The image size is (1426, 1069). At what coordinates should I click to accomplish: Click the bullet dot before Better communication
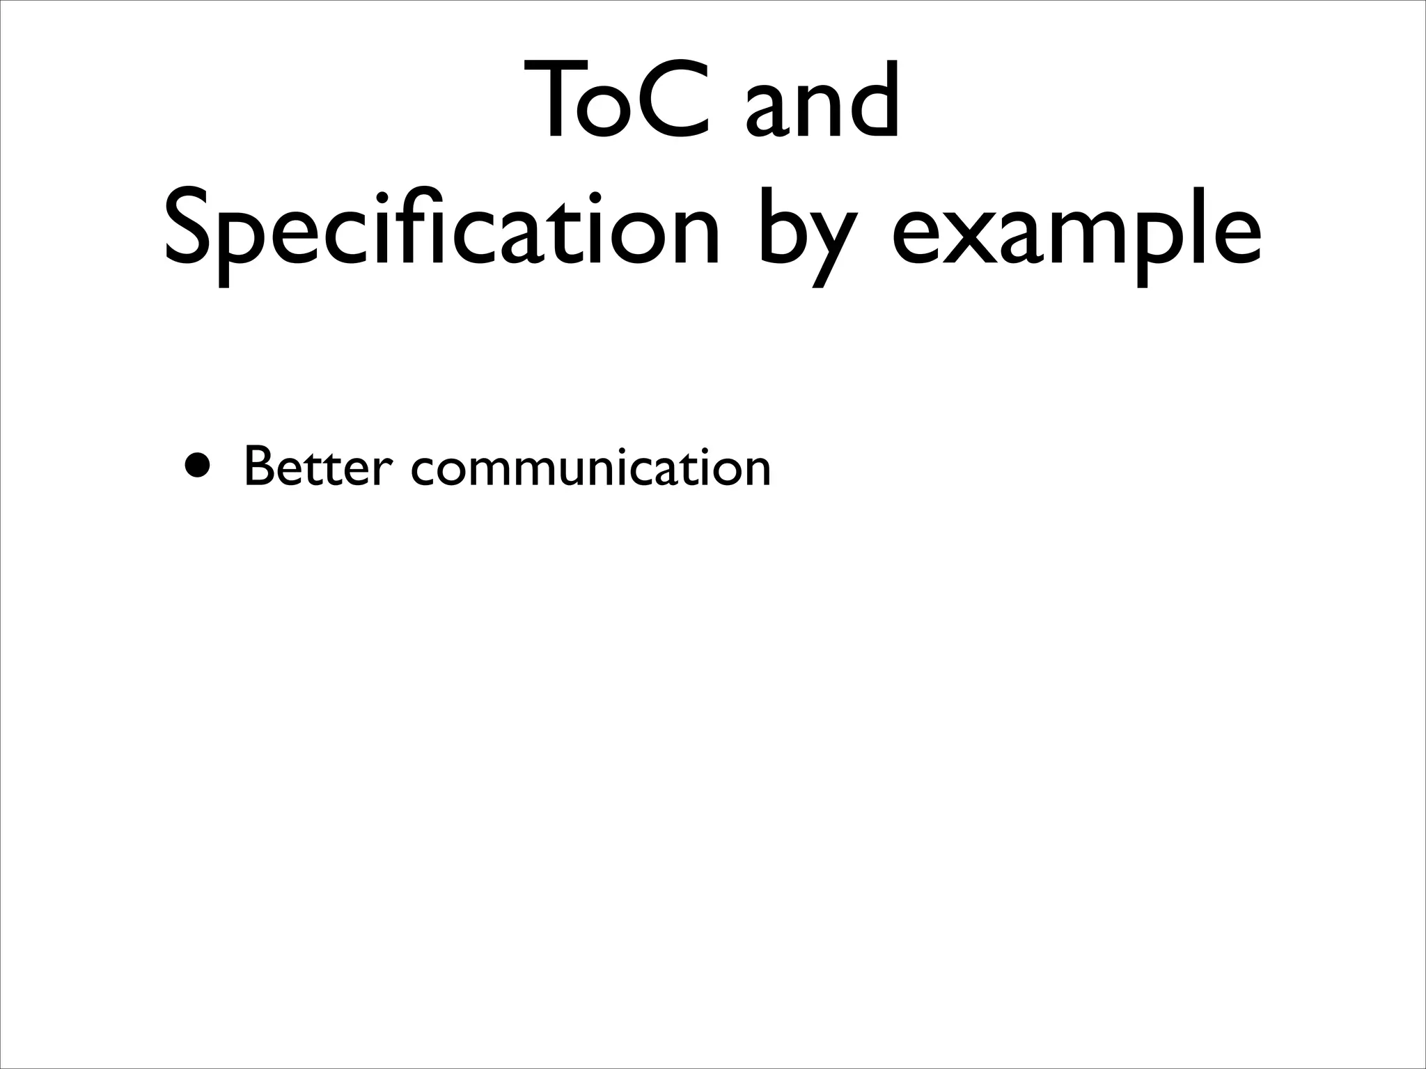click(196, 466)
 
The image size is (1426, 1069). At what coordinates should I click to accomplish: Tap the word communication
click(591, 467)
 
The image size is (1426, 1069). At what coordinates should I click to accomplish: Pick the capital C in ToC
click(671, 101)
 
